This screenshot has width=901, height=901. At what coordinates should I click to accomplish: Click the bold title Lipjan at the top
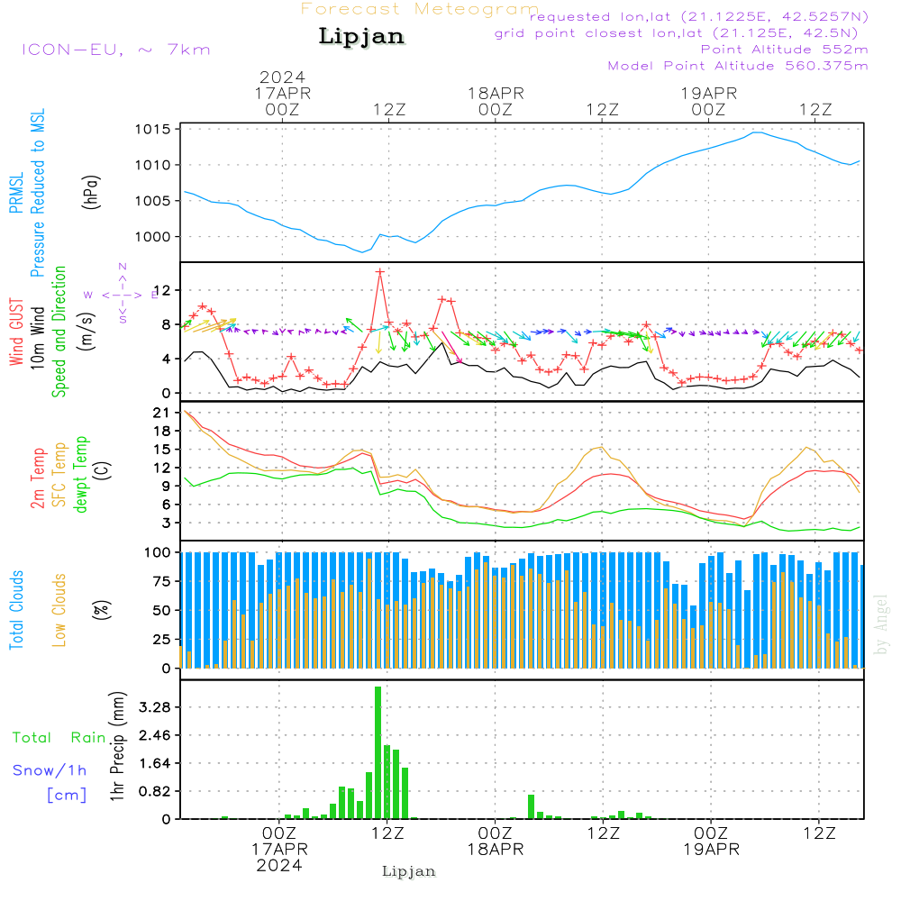coord(361,37)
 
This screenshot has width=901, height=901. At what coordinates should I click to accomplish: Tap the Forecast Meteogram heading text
coord(420,9)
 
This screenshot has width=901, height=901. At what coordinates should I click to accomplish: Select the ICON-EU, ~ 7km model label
coord(115,50)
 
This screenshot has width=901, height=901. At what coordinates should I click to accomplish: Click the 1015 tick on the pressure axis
coord(155,129)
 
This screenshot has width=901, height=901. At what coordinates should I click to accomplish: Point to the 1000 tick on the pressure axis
coord(155,237)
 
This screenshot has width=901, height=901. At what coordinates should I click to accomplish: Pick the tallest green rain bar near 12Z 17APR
coord(378,752)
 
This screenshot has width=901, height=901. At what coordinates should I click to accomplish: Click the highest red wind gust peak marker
coord(380,271)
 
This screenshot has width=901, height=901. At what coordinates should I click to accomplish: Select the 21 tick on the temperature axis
coord(163,413)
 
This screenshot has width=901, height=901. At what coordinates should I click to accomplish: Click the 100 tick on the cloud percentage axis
coord(159,551)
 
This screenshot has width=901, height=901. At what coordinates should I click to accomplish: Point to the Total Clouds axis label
coord(17,610)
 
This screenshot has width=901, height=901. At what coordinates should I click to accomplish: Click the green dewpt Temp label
coord(81,475)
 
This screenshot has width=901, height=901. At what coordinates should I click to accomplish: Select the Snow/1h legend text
coord(50,770)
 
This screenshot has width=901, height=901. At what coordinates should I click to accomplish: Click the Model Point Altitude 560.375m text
coord(738,66)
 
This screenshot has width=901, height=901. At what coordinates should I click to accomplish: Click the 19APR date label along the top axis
coord(709,93)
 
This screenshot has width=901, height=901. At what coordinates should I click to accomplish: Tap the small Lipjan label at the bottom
coord(409,871)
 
